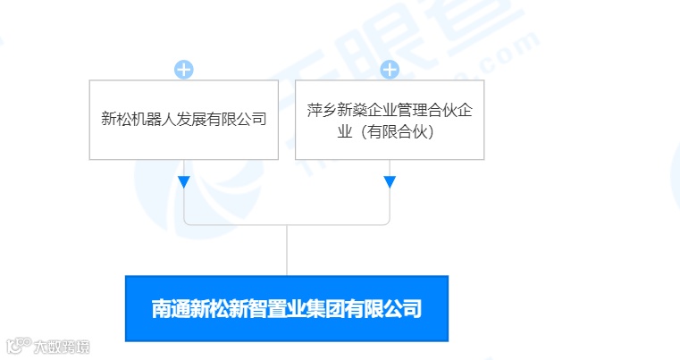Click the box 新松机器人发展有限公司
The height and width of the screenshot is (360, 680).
183,120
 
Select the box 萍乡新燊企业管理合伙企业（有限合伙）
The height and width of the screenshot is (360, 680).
390,120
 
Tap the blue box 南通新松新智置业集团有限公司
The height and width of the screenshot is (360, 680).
286,308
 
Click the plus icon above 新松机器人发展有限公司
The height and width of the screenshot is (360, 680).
183,70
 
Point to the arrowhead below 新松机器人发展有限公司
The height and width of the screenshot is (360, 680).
183,182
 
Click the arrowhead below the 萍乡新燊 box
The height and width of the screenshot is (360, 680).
390,182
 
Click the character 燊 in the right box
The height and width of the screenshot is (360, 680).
352,112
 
